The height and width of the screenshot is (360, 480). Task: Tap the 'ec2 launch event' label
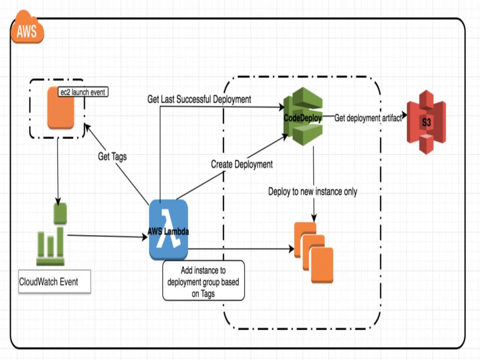83,91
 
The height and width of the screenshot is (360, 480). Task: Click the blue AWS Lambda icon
168,230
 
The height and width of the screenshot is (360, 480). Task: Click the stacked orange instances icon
313,252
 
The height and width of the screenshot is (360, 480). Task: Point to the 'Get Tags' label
113,156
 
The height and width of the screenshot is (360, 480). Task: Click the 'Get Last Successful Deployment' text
199,99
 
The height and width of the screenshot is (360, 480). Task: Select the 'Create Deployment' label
242,164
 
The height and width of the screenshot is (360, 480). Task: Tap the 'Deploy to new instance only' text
312,192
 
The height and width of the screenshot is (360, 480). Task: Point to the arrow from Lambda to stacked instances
240,249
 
